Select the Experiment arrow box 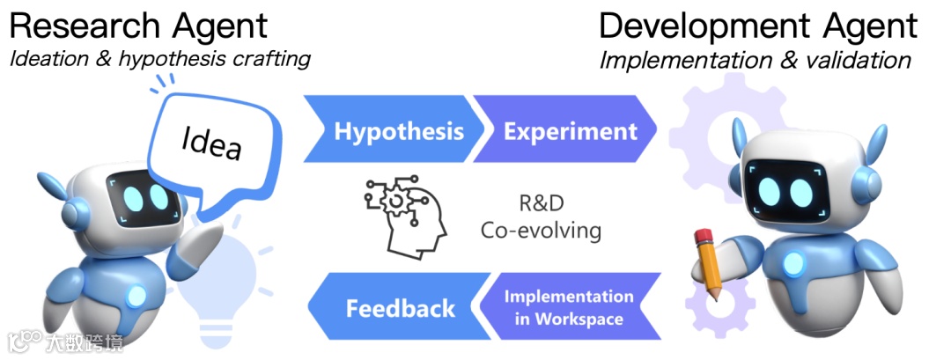568,132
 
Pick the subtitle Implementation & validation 756,60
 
